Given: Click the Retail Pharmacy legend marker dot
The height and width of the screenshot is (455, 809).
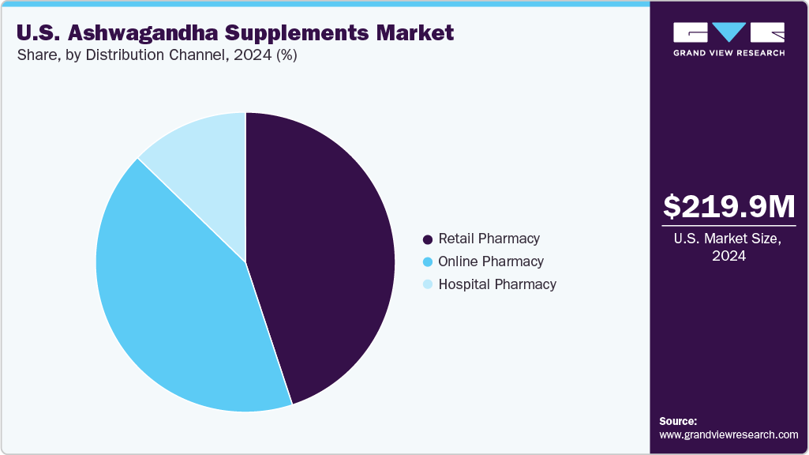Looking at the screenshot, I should (x=428, y=239).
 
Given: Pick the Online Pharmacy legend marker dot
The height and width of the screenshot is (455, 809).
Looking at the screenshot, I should (x=428, y=261).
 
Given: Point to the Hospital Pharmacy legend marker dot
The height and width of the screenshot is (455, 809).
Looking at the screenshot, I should (x=428, y=284).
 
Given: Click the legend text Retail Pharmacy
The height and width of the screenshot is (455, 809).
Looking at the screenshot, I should (x=489, y=239).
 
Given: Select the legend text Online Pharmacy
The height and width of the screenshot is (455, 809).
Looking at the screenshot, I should (x=491, y=261).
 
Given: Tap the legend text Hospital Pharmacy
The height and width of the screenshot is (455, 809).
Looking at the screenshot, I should (x=497, y=284).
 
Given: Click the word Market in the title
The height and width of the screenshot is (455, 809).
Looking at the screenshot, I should (x=415, y=32).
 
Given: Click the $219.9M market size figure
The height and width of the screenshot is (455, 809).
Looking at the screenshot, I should (x=728, y=207).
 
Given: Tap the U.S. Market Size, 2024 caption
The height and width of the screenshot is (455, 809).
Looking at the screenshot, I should (x=728, y=248).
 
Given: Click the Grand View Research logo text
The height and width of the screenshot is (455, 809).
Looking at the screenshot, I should (x=728, y=53).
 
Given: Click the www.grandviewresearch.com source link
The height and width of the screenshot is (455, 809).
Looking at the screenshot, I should (x=728, y=434).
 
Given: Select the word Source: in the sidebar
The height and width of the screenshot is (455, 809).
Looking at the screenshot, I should (x=678, y=421).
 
